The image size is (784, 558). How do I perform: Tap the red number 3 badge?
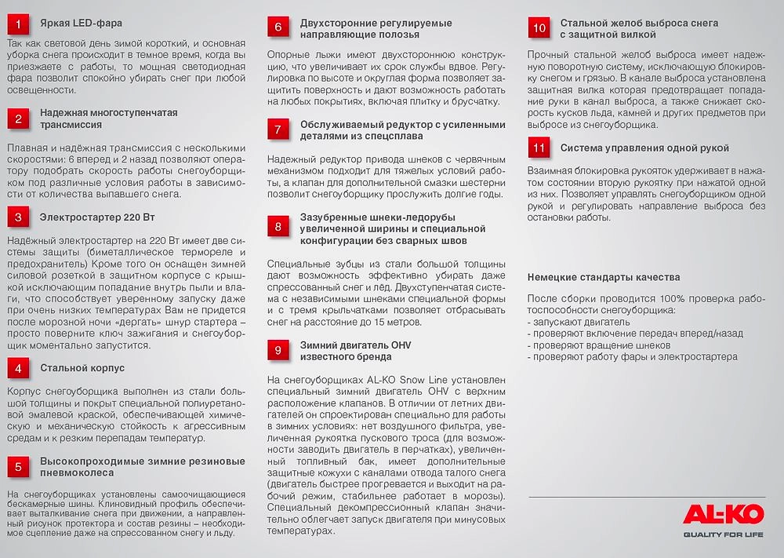coord(19,216)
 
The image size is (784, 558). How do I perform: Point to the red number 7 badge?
coord(278,129)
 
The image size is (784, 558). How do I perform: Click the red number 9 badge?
coord(278,351)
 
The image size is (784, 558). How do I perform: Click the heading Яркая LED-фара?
coord(81,24)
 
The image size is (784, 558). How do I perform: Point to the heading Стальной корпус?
coord(82,367)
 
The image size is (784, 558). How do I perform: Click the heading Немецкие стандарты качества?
coord(603,277)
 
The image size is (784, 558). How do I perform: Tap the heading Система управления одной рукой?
coord(644,148)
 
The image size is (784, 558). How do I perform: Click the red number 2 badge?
coord(19,119)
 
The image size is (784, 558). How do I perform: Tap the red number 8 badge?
coord(278,228)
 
